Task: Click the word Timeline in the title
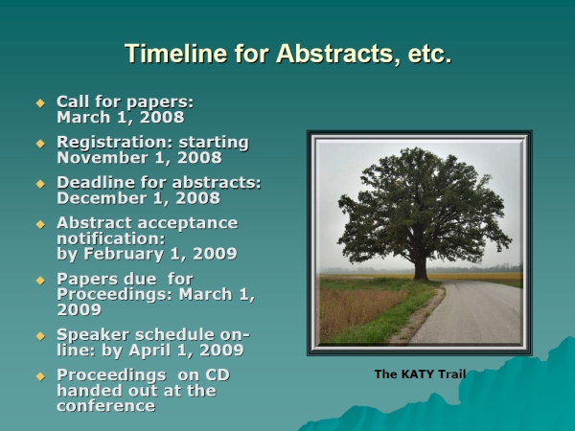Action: point(176,54)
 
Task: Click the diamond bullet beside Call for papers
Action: point(40,103)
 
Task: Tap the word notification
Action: point(111,238)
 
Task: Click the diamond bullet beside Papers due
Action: point(40,281)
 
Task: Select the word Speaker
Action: point(93,334)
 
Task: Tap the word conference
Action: point(106,406)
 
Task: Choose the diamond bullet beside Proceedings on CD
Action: point(40,376)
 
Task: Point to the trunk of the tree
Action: point(421,265)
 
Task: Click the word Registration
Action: point(115,143)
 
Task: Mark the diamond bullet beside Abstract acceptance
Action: point(40,224)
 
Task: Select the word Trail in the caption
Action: point(451,374)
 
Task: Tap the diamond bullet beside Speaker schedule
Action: point(40,336)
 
